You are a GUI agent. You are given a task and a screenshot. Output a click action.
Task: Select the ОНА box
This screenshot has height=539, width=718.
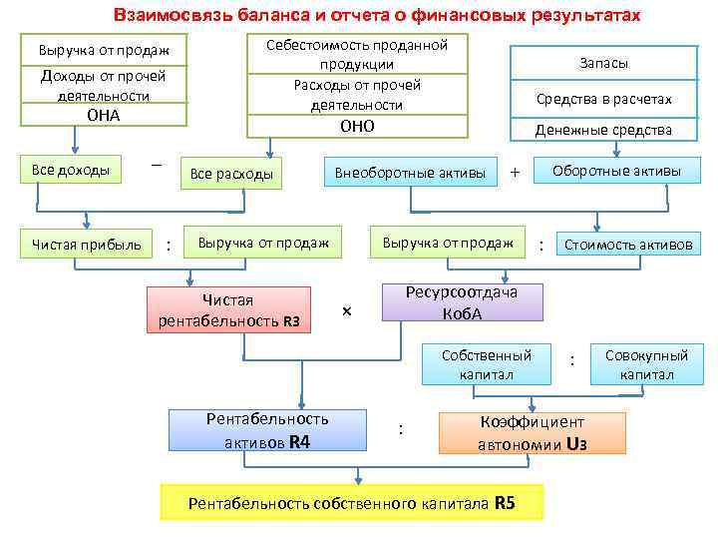104,115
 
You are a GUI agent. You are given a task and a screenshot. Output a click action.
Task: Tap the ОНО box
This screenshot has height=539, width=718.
357,126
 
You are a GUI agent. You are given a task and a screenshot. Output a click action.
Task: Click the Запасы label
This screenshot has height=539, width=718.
603,63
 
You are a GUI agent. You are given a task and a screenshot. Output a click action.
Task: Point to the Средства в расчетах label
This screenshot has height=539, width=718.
603,99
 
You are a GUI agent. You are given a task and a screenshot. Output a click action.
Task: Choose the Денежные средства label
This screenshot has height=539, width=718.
603,130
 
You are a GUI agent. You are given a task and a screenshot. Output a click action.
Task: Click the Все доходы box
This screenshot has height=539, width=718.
71,169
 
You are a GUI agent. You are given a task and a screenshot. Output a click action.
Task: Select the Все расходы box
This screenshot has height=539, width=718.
231,174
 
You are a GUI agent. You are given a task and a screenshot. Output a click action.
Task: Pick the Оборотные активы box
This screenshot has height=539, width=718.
617,171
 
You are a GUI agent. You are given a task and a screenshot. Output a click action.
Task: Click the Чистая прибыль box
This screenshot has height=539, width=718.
87,244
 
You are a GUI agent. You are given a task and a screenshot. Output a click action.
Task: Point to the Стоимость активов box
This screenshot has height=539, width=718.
628,244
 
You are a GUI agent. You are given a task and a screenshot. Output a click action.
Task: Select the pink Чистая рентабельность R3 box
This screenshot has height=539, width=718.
228,309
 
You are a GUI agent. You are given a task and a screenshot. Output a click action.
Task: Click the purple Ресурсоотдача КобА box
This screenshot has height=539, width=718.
463,301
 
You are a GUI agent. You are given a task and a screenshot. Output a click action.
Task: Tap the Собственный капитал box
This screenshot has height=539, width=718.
487,364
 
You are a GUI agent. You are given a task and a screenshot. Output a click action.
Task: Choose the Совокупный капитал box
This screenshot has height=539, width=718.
647,364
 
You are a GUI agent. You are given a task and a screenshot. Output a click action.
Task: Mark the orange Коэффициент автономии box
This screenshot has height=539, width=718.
533,433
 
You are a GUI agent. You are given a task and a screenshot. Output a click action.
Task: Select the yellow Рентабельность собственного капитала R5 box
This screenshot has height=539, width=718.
352,503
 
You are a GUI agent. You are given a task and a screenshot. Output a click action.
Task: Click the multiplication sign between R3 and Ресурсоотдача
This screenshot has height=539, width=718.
346,312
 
